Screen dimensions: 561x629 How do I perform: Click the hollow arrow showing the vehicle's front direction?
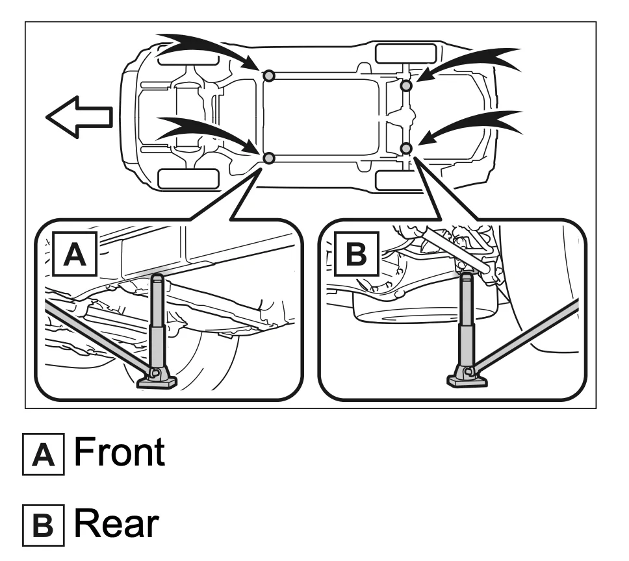pyautogui.click(x=78, y=117)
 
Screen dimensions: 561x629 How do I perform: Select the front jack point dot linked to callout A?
pyautogui.click(x=269, y=158)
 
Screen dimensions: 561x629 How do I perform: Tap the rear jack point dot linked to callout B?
pyautogui.click(x=406, y=149)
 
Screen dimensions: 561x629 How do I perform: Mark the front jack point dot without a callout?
pyautogui.click(x=269, y=76)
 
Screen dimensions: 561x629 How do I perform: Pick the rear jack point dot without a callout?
pyautogui.click(x=406, y=86)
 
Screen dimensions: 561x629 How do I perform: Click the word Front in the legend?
pyautogui.click(x=119, y=453)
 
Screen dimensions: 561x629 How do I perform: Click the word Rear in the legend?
pyautogui.click(x=116, y=524)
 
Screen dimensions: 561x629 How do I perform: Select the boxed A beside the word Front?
pyautogui.click(x=43, y=455)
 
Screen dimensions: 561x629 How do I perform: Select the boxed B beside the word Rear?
pyautogui.click(x=43, y=526)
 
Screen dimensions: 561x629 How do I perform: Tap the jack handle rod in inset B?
pyautogui.click(x=533, y=334)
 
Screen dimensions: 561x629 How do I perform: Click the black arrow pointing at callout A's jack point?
pyautogui.click(x=208, y=130)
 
